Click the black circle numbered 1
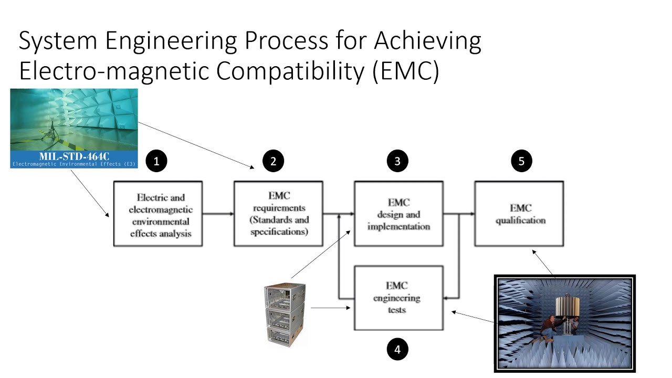click(x=156, y=161)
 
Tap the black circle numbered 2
click(x=273, y=161)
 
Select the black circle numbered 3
click(x=397, y=161)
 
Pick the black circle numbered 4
click(x=397, y=349)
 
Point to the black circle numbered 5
click(x=521, y=161)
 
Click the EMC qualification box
click(x=519, y=214)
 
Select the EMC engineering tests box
click(x=398, y=298)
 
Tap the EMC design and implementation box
click(x=398, y=214)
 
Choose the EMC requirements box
click(x=278, y=214)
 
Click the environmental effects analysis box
click(x=159, y=214)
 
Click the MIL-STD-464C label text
click(x=74, y=156)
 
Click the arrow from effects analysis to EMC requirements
click(x=218, y=214)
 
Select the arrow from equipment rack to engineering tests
click(x=330, y=308)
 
